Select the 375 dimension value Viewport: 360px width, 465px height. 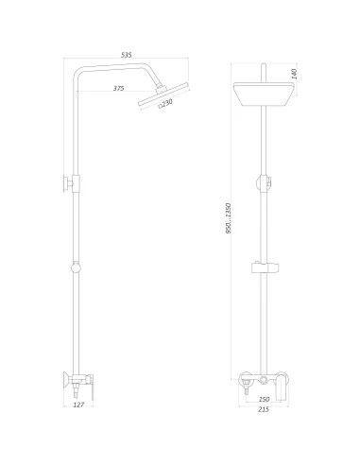pyautogui.click(x=119, y=88)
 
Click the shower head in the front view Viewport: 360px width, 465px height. pyautogui.click(x=264, y=94)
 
